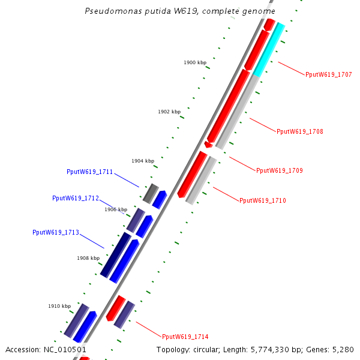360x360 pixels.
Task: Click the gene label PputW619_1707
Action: pos(328,75)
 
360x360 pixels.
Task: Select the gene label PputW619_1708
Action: pos(299,131)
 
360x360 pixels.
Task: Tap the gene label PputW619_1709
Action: pos(279,170)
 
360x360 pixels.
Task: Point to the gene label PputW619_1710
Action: pos(262,200)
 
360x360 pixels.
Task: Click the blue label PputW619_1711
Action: pos(89,172)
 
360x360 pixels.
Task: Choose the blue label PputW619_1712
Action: pos(75,198)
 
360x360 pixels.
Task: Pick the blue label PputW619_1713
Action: pos(55,232)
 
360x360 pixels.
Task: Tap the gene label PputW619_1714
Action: pos(185,337)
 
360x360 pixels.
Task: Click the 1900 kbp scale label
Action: pos(195,62)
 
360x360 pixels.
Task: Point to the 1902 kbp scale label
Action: pos(169,112)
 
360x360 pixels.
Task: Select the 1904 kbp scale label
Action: pos(143,161)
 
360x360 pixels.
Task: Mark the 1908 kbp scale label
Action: pos(88,258)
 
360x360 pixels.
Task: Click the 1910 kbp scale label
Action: pos(59,306)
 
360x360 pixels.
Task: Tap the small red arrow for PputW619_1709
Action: pos(208,145)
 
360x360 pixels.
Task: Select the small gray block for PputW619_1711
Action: pos(150,193)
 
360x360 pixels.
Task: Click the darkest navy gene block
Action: pos(116,255)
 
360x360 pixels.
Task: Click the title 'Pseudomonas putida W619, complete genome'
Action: pos(180,11)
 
